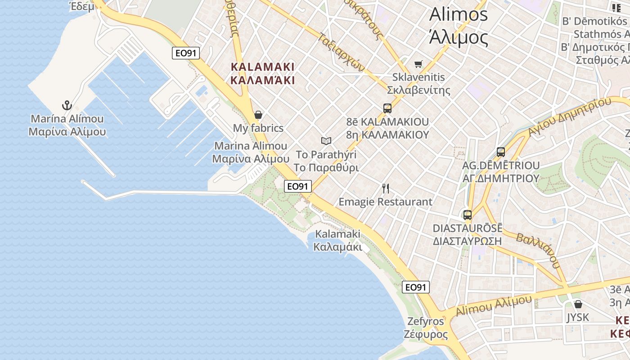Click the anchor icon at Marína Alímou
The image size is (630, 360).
click(x=67, y=106)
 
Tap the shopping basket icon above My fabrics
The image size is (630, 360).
click(x=258, y=115)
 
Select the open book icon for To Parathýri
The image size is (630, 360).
click(x=326, y=141)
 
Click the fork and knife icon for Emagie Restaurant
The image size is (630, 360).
click(x=385, y=188)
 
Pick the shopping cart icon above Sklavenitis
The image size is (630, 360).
click(x=418, y=64)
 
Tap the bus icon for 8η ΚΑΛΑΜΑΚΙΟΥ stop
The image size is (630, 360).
click(x=387, y=108)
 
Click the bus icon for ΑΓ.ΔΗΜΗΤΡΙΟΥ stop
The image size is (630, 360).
click(x=501, y=152)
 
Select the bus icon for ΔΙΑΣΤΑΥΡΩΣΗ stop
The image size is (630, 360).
click(x=468, y=215)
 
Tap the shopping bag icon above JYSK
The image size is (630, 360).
click(x=578, y=304)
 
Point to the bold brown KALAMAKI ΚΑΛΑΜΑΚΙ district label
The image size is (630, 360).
click(x=263, y=74)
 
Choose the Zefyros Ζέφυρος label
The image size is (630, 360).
click(x=426, y=328)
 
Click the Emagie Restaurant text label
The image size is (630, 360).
click(x=385, y=202)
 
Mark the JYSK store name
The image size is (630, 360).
click(x=577, y=317)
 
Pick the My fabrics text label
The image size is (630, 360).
click(x=258, y=128)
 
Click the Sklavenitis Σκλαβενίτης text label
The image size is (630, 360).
click(x=418, y=84)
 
